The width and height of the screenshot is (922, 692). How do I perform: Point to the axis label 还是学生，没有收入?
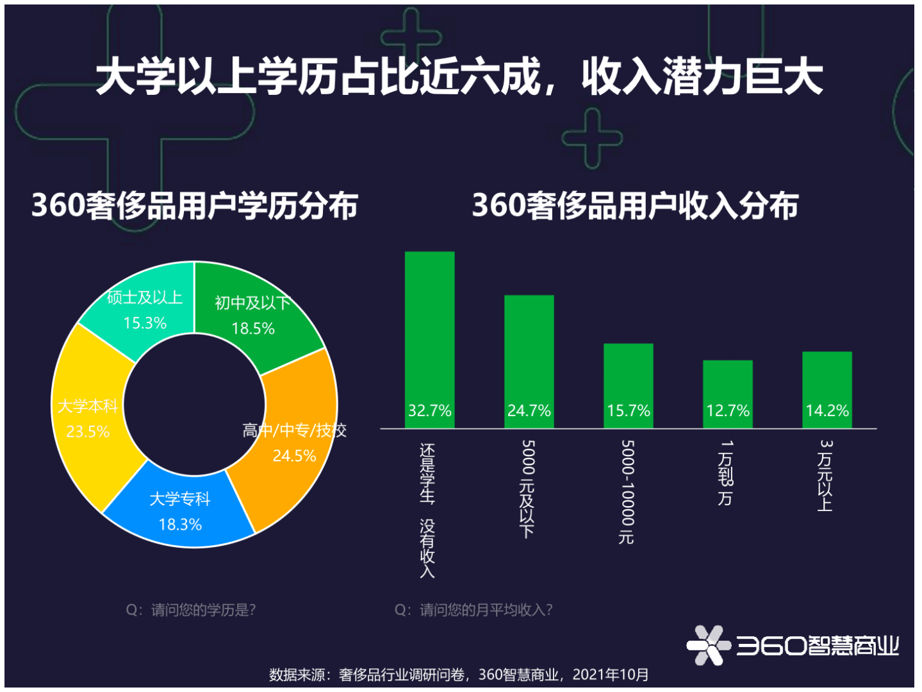(427, 510)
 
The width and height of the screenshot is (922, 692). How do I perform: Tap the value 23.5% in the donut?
(88, 432)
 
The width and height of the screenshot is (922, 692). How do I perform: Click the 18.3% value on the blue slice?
(180, 525)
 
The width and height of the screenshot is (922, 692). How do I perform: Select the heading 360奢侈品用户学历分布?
(194, 206)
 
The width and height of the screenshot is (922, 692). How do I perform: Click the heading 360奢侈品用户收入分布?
(635, 206)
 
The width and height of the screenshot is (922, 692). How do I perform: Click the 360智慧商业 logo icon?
(708, 645)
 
